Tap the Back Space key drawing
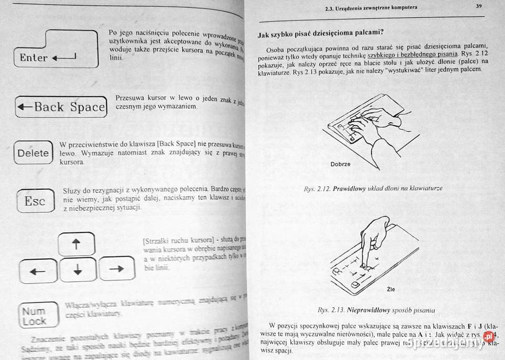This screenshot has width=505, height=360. (x=61, y=107)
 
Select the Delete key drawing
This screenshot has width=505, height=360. (x=33, y=153)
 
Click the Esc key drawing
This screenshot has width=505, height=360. (x=35, y=201)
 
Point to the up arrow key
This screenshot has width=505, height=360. (x=77, y=245)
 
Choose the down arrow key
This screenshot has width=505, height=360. (x=77, y=270)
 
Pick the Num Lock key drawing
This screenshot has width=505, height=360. (x=34, y=316)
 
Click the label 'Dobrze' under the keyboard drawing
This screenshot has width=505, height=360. (x=340, y=164)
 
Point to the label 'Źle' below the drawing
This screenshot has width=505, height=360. (x=390, y=289)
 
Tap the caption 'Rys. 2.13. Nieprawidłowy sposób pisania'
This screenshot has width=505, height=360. (x=376, y=309)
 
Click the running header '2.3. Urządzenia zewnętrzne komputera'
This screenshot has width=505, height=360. (x=372, y=7)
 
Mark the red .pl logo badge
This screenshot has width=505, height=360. (x=488, y=335)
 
